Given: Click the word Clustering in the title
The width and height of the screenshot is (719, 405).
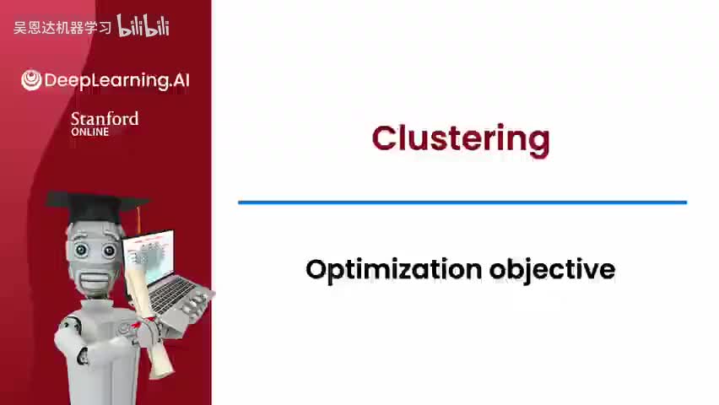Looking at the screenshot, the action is [461, 139].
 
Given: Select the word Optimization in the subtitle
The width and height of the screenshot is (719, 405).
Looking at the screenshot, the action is [393, 270].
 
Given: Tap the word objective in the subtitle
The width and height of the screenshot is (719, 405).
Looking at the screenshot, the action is [552, 270].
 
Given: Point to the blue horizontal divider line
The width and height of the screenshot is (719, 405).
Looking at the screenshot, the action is [462, 202].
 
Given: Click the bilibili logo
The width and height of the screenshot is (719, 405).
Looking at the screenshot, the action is [143, 25].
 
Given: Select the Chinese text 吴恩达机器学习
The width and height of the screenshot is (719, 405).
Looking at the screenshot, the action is [62, 28].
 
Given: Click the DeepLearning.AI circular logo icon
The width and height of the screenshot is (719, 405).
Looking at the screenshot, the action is [31, 80].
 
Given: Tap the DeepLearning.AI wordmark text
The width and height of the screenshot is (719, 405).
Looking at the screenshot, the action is [116, 80].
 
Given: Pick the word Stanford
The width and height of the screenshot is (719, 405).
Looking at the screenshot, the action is [105, 119].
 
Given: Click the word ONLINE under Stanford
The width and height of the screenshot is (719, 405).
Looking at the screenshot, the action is [89, 132].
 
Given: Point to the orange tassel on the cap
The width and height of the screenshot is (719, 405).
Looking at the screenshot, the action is [138, 221].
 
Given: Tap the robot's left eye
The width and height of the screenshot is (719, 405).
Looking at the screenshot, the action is [81, 250].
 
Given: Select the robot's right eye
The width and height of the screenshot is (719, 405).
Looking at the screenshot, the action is [109, 251].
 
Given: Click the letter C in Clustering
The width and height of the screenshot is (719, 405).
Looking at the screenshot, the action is [383, 138].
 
